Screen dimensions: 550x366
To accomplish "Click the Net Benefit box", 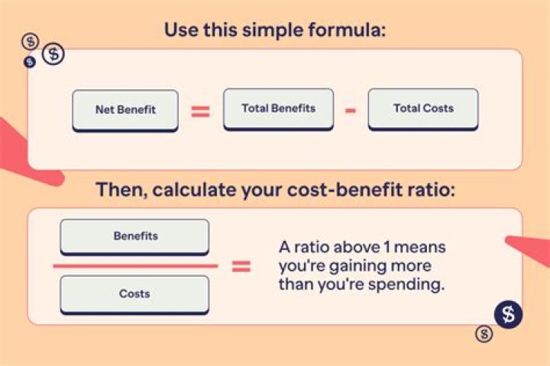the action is tap(125, 111).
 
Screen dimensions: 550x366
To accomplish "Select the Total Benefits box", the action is tap(279, 109).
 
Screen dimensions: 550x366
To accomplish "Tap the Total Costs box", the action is tap(423, 109).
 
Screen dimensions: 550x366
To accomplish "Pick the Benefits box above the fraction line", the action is tap(134, 237).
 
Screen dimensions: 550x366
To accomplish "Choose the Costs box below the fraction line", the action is tap(134, 294).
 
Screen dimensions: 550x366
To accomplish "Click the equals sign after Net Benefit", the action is tap(200, 111).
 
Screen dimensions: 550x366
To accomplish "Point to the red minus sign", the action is tap(351, 111).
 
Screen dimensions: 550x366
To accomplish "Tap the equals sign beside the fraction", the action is tap(241, 267).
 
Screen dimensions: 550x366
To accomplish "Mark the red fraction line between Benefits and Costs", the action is tap(135, 266).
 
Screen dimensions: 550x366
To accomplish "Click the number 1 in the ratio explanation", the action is tap(387, 248).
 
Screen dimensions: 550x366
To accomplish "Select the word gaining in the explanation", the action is tap(356, 267).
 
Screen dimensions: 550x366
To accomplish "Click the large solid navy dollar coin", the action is tap(508, 314).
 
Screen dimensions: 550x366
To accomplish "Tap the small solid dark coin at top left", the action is tap(30, 63).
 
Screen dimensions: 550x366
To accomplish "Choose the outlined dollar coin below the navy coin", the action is tap(484, 334).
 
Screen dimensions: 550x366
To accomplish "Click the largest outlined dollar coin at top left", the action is tap(53, 54).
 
